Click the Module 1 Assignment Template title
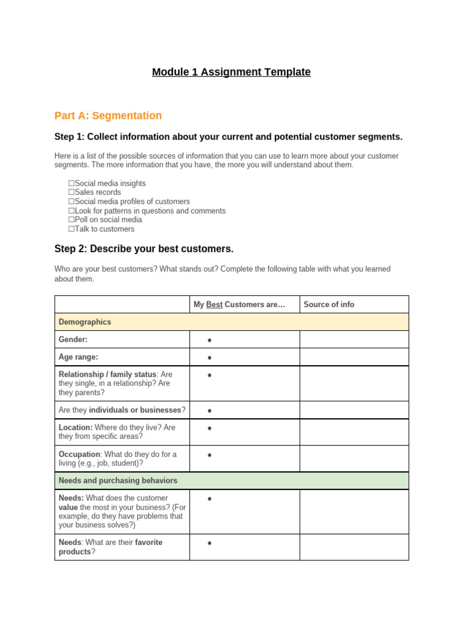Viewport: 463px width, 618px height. (x=231, y=72)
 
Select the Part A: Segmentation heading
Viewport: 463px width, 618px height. (x=108, y=116)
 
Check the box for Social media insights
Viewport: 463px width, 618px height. (x=71, y=183)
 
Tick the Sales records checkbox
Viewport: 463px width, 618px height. (x=71, y=193)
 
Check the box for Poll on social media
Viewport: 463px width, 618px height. (x=71, y=220)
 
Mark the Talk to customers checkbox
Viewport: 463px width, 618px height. (x=71, y=229)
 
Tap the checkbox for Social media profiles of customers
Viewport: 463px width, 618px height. (x=71, y=202)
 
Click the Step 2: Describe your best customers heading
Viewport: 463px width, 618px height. (x=143, y=249)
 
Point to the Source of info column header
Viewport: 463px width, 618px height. (x=329, y=305)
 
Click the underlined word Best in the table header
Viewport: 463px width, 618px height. (x=214, y=305)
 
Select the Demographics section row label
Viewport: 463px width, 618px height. (x=84, y=322)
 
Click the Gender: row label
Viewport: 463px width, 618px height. (x=73, y=340)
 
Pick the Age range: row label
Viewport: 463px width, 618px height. (x=78, y=357)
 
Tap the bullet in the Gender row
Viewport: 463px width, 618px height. (x=209, y=340)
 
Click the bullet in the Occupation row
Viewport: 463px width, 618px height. (x=209, y=455)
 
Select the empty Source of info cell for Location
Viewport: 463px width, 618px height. (x=354, y=432)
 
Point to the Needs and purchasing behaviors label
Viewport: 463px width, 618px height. (x=118, y=481)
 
